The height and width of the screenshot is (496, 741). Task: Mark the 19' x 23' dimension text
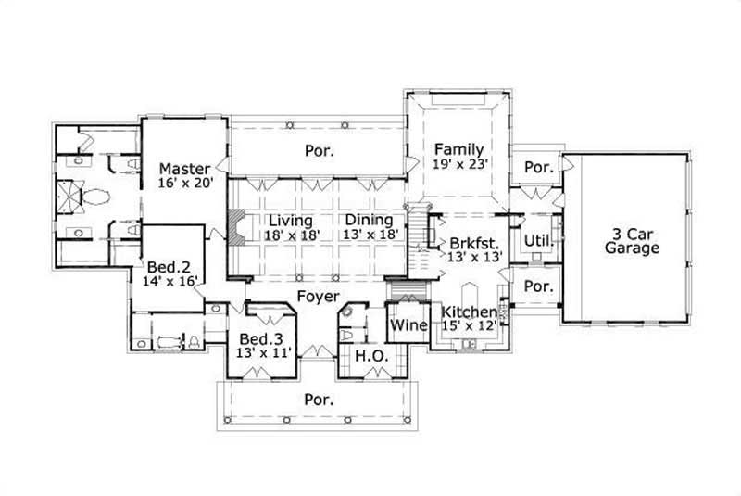pos(460,163)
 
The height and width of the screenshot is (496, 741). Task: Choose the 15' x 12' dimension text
pos(470,324)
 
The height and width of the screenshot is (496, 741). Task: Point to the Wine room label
pos(408,325)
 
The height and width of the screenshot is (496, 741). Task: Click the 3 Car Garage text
pos(632,240)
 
